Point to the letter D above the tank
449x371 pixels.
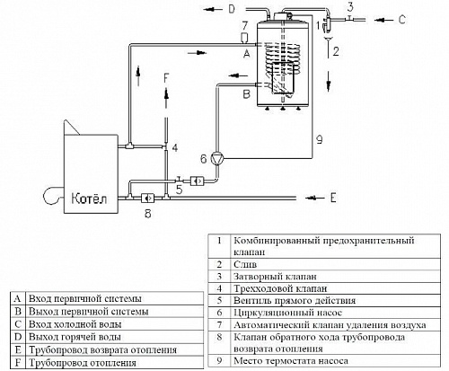tap(230, 9)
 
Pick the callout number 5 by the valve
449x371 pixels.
tap(180, 190)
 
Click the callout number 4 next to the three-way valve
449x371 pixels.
tap(175, 146)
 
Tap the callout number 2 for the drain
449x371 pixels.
tap(335, 53)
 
